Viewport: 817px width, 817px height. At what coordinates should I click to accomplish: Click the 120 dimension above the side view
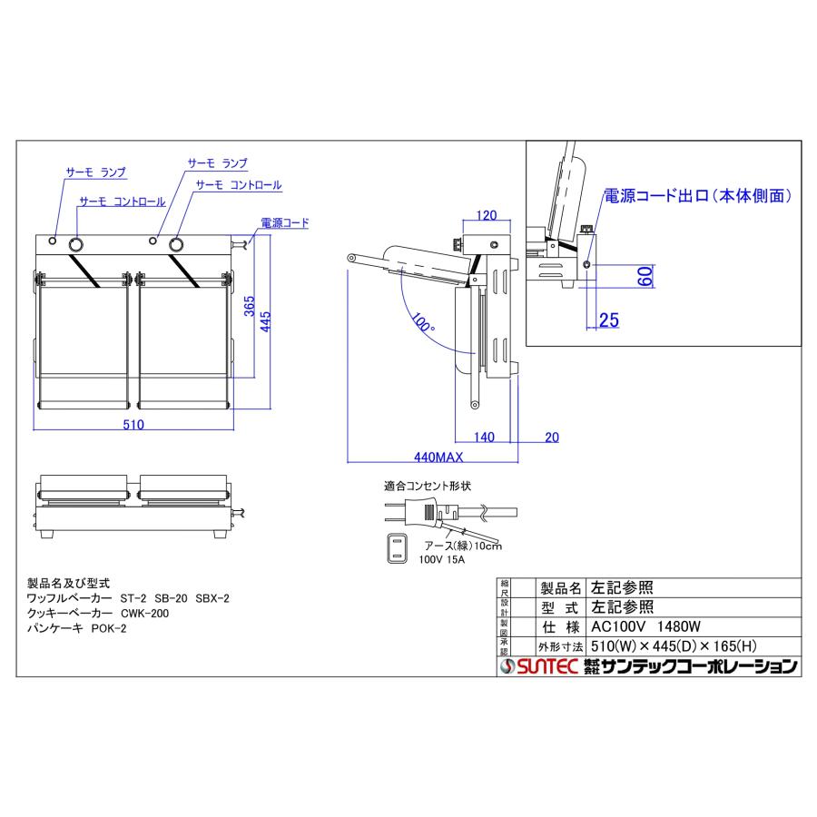[x=487, y=216]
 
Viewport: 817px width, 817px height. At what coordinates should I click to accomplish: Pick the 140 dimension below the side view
[x=484, y=438]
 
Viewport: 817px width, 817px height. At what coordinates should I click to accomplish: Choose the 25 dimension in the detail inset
[x=608, y=319]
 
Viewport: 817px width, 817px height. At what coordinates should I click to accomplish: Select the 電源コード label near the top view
[x=284, y=221]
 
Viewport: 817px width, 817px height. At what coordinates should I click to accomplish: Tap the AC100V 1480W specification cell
[x=648, y=627]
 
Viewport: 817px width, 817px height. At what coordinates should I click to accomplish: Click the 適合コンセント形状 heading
[x=428, y=487]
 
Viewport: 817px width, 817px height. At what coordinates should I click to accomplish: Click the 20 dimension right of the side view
[x=553, y=438]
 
